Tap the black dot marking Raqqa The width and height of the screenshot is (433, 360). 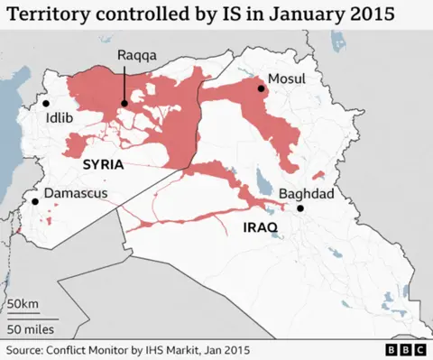tap(125, 103)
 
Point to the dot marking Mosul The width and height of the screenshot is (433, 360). tap(262, 88)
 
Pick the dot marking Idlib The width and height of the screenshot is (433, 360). tap(45, 105)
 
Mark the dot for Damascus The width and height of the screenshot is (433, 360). tap(35, 201)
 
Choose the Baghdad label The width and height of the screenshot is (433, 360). tap(307, 193)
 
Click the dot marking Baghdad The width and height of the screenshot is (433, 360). tap(300, 208)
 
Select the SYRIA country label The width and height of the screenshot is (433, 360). tap(102, 165)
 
